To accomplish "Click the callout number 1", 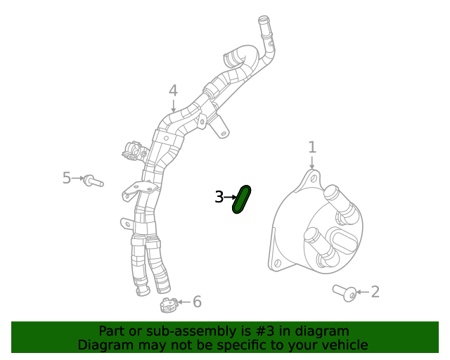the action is coord(312,147).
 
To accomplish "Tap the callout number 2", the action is coord(375,292).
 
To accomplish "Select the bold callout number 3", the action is coord(219,197).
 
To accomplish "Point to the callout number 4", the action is coord(173,91).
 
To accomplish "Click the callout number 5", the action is coord(67,178).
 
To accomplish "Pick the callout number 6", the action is coord(197,302).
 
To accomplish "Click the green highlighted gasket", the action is coord(241,200).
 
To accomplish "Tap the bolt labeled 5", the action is coord(94,181).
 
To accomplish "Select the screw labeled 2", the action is coord(345,292).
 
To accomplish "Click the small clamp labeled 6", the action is coord(168,305).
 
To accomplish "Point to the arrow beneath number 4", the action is coord(173,106).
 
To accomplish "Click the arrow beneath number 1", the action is coord(312,162).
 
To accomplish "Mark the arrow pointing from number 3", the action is coord(230,197).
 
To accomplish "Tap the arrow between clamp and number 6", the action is coord(184,302).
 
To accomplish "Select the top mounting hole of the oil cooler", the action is coord(314,179).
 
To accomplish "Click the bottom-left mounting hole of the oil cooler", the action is coord(277,263).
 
